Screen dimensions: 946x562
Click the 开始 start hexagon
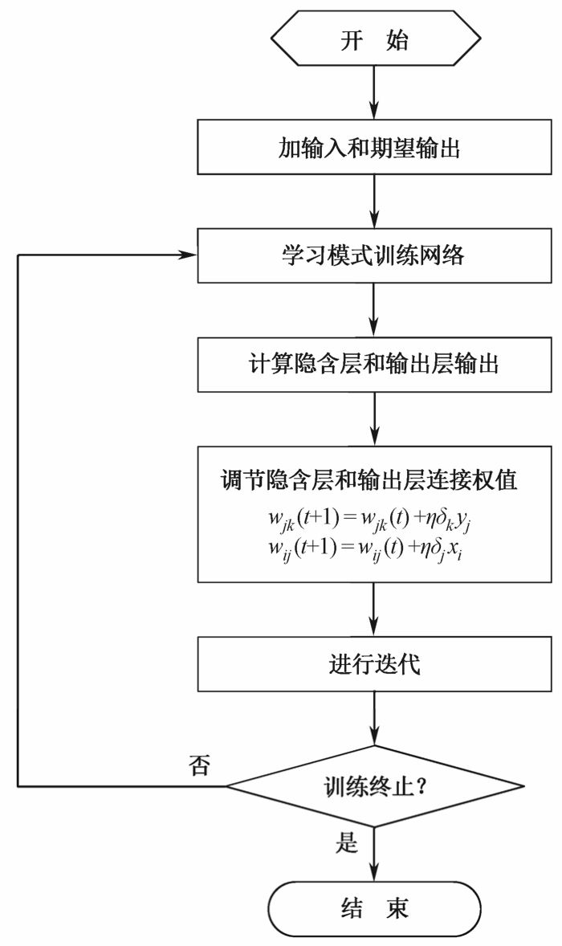point(375,38)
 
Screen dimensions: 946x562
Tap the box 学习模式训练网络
point(375,256)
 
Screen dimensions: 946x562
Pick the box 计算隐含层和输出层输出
point(375,365)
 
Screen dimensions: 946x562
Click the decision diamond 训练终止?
point(375,785)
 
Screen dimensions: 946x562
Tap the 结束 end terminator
point(375,908)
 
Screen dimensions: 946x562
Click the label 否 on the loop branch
point(198,764)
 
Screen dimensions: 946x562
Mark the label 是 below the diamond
point(346,842)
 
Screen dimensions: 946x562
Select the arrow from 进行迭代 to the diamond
point(375,718)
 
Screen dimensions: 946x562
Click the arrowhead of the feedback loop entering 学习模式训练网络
point(189,255)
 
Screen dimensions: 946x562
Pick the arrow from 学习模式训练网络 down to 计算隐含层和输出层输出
point(375,310)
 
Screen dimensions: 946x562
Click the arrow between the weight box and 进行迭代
point(375,610)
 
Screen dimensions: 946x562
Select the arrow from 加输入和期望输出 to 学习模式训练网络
point(375,202)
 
